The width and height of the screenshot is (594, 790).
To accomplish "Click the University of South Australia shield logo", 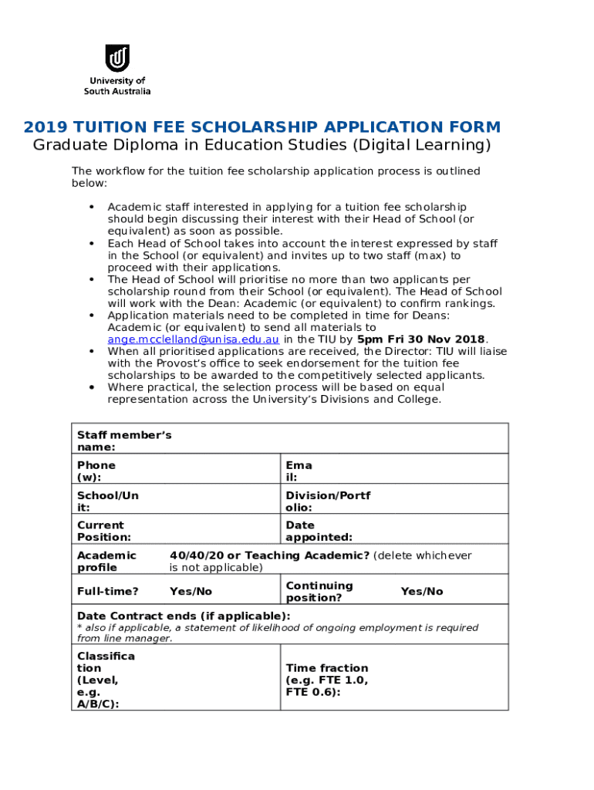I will [x=117, y=58].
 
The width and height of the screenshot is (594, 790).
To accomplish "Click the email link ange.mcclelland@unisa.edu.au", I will [x=193, y=339].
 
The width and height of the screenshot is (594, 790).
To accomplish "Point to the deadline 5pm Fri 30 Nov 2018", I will [x=422, y=339].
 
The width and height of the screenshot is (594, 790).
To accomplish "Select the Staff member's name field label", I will [x=123, y=441].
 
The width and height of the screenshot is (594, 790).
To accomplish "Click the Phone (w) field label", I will [x=96, y=471].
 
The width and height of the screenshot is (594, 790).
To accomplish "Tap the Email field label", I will [x=299, y=471].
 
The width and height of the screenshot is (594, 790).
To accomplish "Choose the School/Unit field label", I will [x=107, y=501].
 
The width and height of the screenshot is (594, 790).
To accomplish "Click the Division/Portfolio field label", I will [x=327, y=501].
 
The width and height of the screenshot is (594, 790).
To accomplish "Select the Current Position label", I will [x=103, y=531].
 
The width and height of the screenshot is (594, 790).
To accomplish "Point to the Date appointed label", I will [x=319, y=531].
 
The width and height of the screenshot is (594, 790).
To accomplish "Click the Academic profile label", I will [x=106, y=561].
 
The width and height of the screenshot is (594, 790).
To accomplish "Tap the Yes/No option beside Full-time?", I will [x=191, y=591].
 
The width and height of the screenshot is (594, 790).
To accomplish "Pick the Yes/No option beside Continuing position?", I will [x=421, y=591].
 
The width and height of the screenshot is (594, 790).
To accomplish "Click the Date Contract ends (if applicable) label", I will [x=184, y=616].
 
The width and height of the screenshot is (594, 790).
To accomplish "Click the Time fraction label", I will [x=326, y=680].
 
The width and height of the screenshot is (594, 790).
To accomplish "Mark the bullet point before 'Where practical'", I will [x=92, y=387].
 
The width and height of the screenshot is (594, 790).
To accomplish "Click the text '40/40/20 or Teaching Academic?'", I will [x=269, y=555].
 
